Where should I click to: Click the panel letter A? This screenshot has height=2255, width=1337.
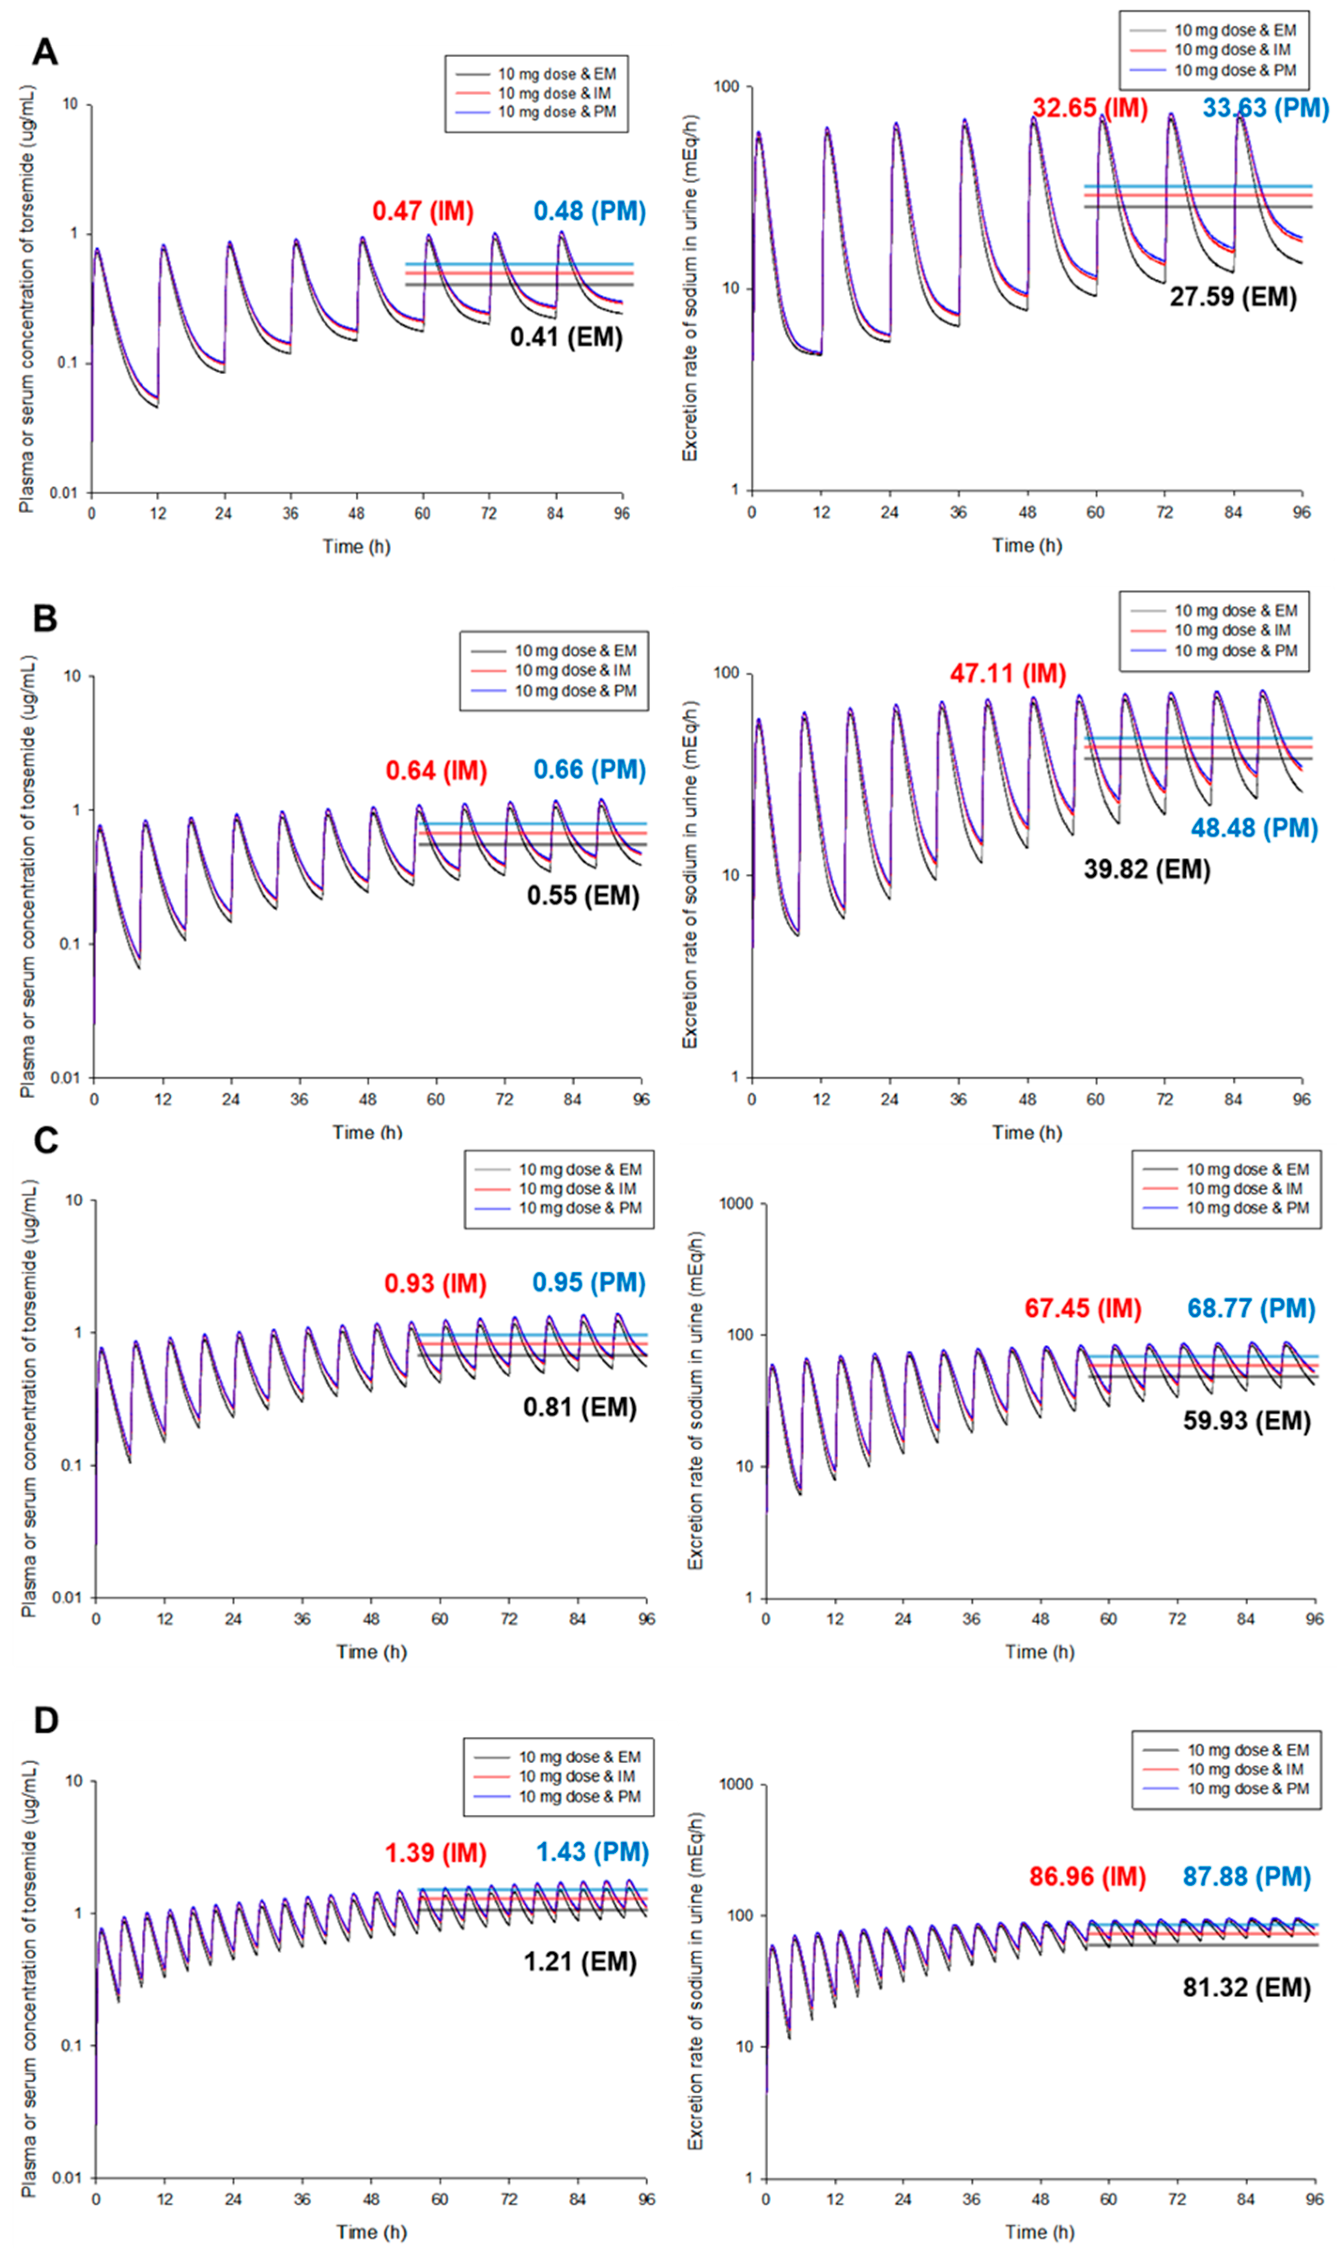point(45,52)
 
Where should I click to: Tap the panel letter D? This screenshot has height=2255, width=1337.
point(46,1720)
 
